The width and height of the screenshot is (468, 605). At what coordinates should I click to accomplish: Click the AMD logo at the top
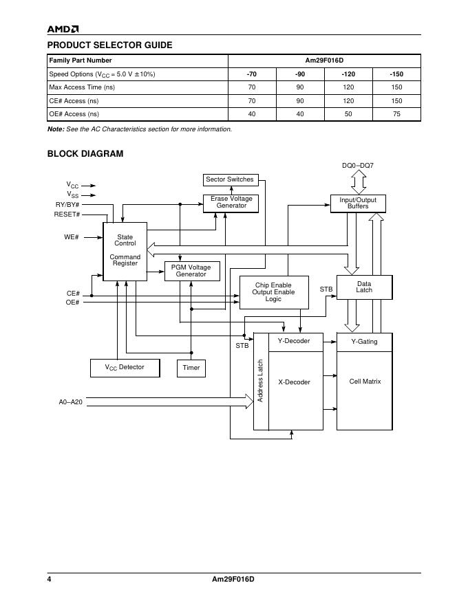click(x=63, y=29)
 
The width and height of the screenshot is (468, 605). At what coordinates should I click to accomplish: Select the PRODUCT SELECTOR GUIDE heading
click(x=109, y=45)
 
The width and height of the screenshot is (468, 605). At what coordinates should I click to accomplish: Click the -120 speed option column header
click(x=348, y=74)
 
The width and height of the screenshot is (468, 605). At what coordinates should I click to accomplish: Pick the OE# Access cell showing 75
click(x=396, y=114)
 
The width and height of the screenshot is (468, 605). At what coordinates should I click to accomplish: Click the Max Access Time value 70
click(x=252, y=87)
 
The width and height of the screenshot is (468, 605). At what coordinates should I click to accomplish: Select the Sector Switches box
click(x=230, y=180)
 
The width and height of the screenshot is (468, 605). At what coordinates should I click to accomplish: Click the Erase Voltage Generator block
click(x=231, y=203)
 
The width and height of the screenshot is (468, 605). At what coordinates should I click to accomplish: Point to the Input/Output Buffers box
click(x=358, y=203)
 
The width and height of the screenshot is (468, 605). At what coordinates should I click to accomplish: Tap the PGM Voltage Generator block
click(x=191, y=271)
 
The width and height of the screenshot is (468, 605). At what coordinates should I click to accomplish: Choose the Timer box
click(x=191, y=368)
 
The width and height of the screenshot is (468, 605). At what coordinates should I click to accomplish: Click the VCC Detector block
click(x=125, y=368)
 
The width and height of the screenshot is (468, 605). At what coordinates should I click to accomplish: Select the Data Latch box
click(x=364, y=287)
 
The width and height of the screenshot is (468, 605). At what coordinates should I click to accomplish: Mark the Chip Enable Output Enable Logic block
click(x=273, y=292)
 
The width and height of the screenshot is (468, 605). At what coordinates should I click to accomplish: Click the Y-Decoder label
click(x=294, y=341)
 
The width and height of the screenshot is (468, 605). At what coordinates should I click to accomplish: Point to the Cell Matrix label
click(x=365, y=382)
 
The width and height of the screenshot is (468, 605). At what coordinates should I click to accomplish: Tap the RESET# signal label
click(x=67, y=214)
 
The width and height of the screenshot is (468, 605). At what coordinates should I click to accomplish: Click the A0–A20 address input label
click(x=71, y=401)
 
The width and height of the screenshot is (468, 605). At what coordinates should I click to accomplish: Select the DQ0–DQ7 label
click(x=358, y=166)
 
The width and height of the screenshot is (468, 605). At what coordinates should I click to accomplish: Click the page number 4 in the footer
click(x=50, y=579)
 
